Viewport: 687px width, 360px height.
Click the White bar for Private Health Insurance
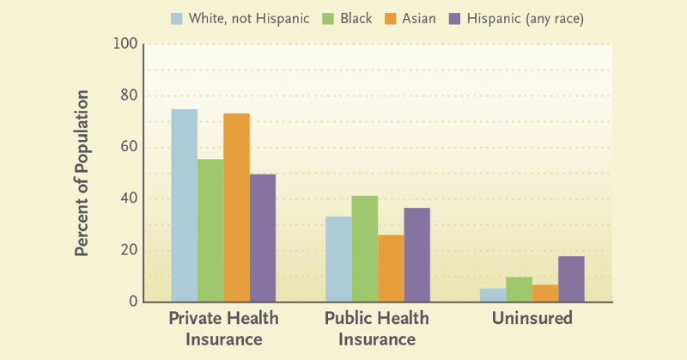coord(184,205)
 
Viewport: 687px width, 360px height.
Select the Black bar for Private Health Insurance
coord(210,230)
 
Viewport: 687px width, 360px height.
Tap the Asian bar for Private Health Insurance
coord(237,208)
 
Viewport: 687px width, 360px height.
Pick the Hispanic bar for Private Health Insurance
coord(263,238)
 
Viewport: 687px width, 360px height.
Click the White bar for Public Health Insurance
coord(338,259)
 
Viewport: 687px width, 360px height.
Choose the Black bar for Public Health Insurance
coord(365,249)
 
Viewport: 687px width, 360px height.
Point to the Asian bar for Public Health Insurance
coord(392,268)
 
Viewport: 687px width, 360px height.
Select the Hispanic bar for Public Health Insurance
coord(417,255)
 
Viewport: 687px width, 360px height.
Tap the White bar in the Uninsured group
coord(493,295)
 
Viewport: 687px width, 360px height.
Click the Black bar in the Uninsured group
coord(520,290)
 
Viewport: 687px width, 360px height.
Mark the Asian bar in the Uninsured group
coord(545,293)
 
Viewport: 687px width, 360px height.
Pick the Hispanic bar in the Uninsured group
coord(571,279)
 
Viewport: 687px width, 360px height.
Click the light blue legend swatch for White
coord(177,19)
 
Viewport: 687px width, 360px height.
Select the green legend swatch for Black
coord(328,19)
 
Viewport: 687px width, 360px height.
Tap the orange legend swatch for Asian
coord(391,19)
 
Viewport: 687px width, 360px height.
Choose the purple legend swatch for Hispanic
coord(455,19)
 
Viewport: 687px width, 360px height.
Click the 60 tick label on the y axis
coord(130,147)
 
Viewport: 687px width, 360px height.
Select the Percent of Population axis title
coord(82,174)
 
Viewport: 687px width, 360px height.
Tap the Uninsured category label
coord(532,318)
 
